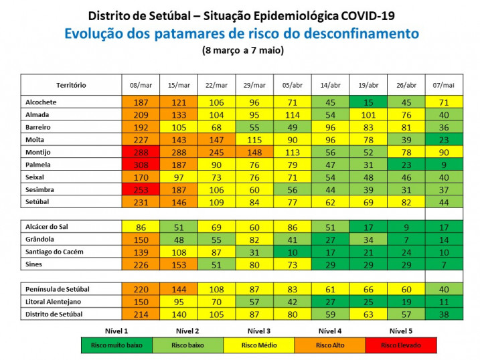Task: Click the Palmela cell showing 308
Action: coord(141,165)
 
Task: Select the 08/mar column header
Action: coord(141,85)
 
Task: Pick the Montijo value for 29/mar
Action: coord(254,152)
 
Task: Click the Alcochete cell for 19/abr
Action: coord(368,102)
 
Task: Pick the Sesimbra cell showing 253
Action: coord(141,189)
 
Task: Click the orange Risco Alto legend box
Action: coord(328,345)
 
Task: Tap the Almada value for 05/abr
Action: coord(293,114)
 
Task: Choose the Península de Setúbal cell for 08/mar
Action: coord(141,289)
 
